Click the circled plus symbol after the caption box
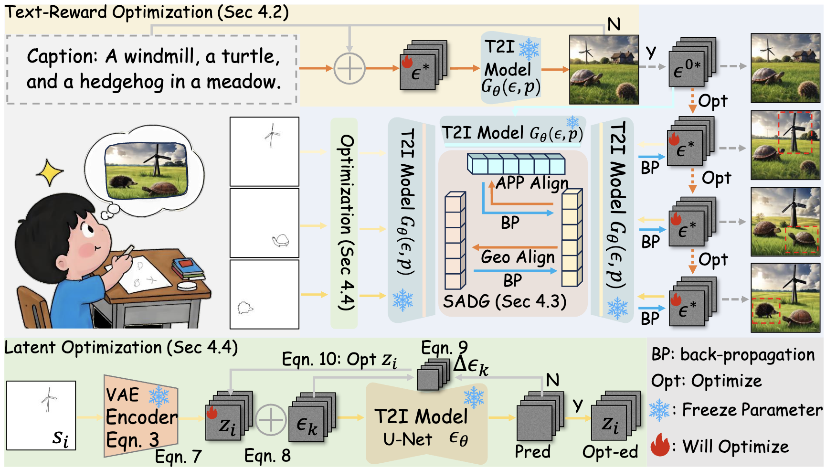click(x=349, y=68)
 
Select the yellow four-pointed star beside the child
click(x=50, y=172)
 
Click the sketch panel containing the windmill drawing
click(x=265, y=151)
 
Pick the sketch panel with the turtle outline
click(x=265, y=223)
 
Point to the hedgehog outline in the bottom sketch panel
click(x=245, y=307)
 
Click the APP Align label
click(x=532, y=183)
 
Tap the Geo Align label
click(x=518, y=257)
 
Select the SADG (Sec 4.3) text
click(x=504, y=301)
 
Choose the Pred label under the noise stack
click(x=532, y=451)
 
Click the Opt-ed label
click(x=610, y=451)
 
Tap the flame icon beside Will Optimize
click(x=660, y=445)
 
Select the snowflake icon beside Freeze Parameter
click(x=659, y=410)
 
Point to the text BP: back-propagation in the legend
click(x=733, y=355)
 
